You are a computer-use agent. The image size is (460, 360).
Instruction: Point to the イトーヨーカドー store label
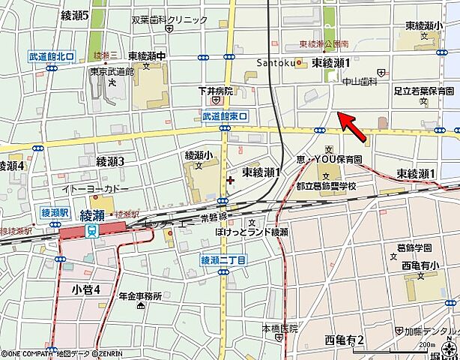click(97, 189)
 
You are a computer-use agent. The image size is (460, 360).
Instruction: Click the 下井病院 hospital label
click(216, 91)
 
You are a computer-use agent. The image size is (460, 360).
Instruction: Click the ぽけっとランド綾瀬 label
click(251, 233)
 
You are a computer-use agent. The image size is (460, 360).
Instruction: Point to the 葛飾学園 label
click(416, 247)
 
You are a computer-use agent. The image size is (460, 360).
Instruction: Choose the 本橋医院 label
click(279, 328)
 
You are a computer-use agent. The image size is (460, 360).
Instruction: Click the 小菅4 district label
click(86, 289)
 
